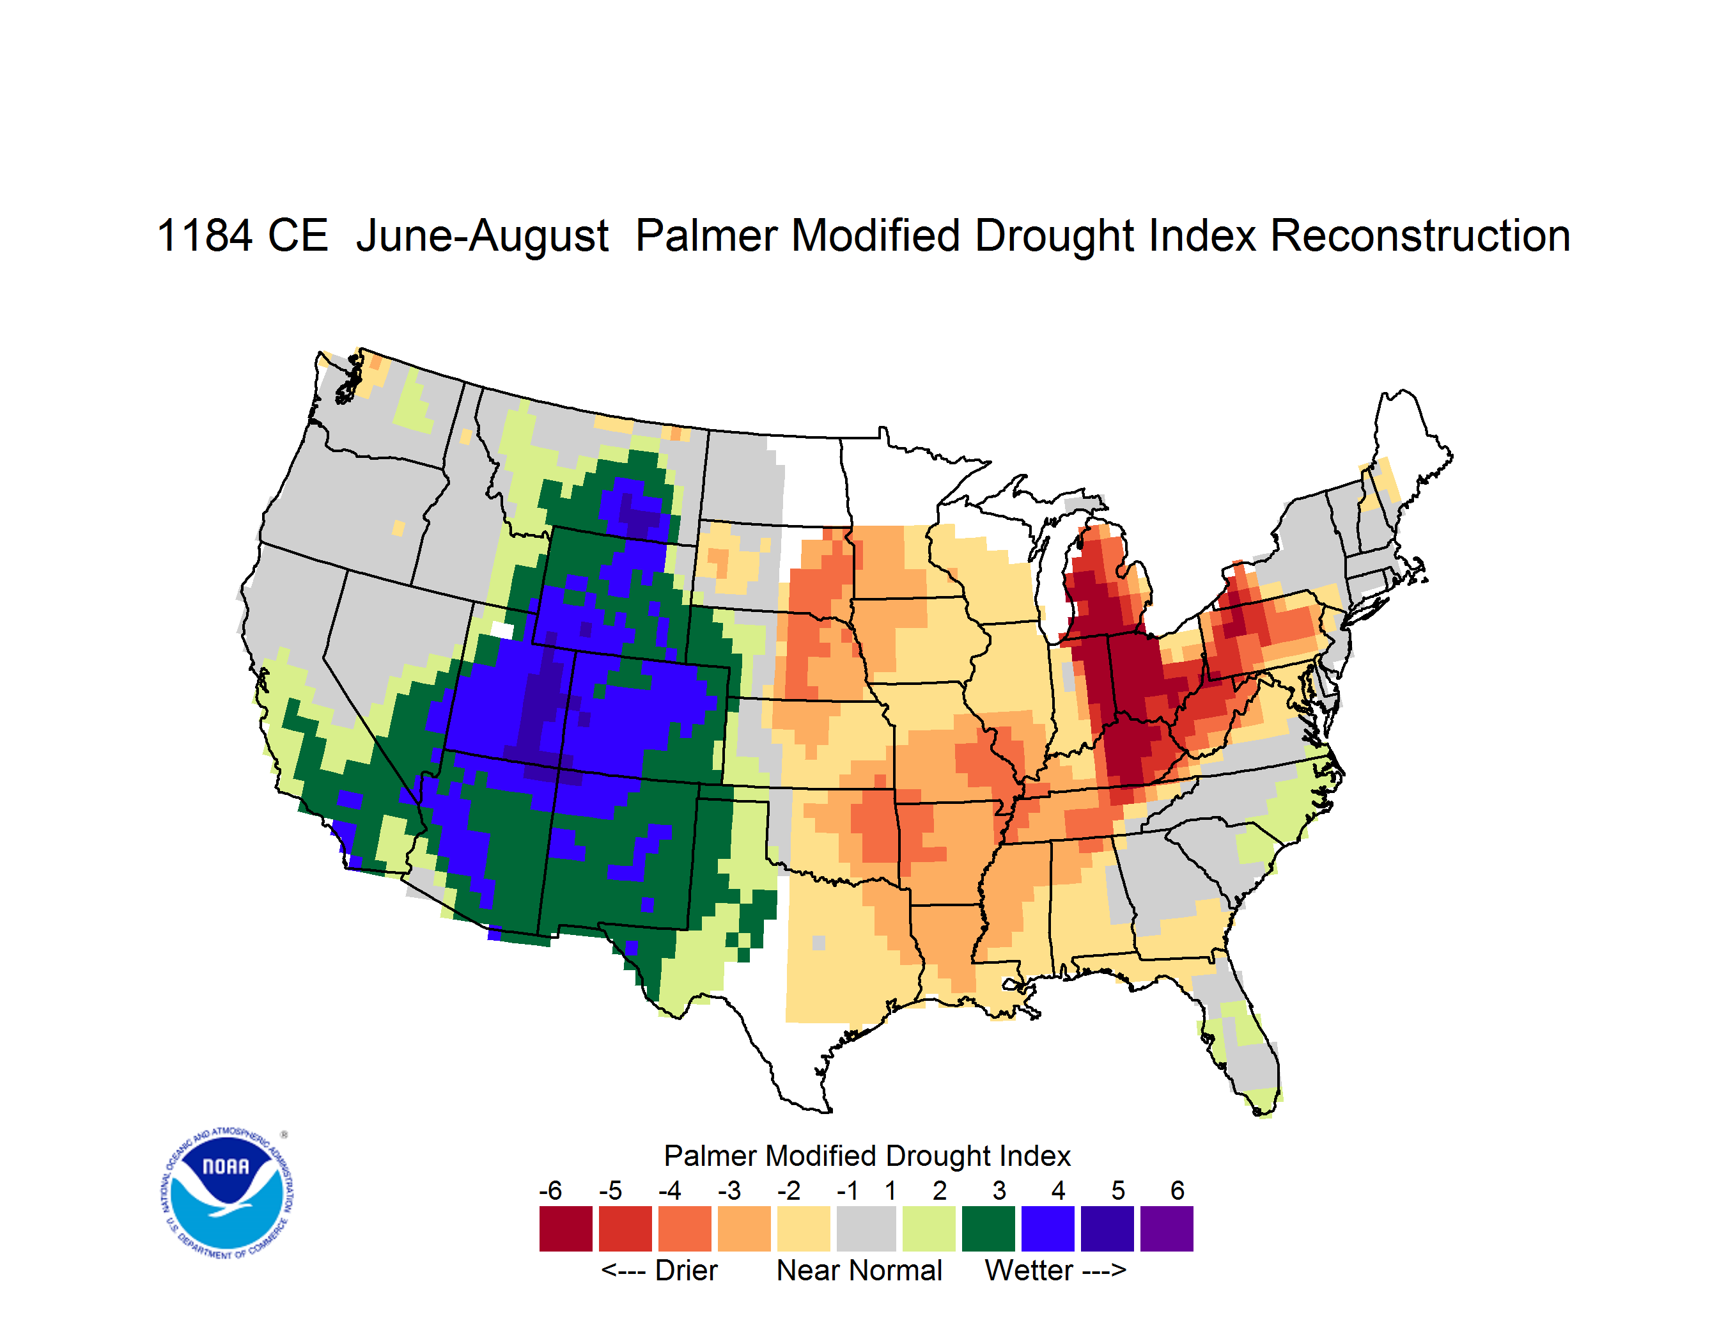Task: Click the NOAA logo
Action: click(x=228, y=1193)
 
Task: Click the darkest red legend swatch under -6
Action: click(x=566, y=1229)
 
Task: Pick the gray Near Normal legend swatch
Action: click(x=866, y=1229)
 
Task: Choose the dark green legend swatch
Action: click(x=988, y=1229)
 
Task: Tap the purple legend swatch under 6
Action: click(x=1167, y=1229)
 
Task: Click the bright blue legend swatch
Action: click(x=1047, y=1229)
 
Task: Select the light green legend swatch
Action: click(x=929, y=1229)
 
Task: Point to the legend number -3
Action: click(x=729, y=1190)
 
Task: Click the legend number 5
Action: click(x=1117, y=1190)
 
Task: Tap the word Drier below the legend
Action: click(x=686, y=1270)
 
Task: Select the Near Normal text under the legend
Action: click(x=859, y=1270)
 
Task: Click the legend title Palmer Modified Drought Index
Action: click(x=867, y=1156)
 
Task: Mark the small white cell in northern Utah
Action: click(x=502, y=630)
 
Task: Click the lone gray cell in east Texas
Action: click(x=819, y=942)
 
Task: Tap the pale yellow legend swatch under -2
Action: click(x=804, y=1229)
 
